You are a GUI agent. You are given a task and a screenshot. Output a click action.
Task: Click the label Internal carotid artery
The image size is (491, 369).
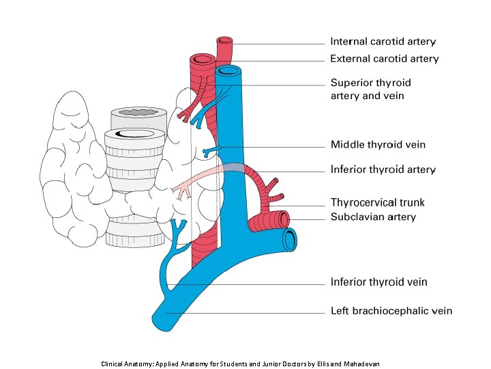[383, 42]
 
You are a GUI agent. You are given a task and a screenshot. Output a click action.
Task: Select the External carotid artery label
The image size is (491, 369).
[385, 59]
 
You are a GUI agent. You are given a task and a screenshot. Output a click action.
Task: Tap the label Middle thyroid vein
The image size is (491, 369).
[378, 144]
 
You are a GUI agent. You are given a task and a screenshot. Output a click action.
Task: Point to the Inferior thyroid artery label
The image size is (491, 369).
[383, 169]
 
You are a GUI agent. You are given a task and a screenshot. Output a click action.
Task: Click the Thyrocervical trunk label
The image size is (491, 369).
[377, 202]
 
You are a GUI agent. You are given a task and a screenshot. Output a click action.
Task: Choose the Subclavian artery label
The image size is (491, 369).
[373, 217]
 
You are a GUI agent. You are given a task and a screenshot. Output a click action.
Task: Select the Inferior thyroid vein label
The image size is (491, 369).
[379, 282]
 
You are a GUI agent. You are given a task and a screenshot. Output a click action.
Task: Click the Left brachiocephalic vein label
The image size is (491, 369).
[391, 311]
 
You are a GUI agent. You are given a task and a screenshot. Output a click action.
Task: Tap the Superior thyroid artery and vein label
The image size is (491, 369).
[371, 89]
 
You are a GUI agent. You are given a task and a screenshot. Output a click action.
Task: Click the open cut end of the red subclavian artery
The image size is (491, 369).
[282, 219]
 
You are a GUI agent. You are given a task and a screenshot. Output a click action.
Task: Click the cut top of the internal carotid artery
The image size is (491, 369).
[225, 42]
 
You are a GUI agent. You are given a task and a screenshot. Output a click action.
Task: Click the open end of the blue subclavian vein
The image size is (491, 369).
[291, 240]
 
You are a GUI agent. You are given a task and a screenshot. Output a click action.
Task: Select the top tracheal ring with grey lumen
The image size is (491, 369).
[139, 112]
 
